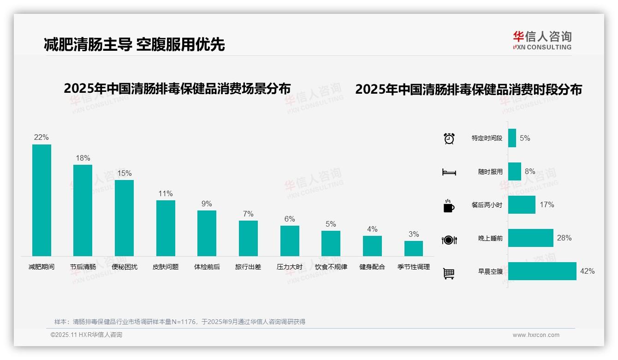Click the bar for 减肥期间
coord(42,200)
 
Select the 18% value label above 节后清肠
coord(83,158)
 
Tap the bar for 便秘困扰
coord(124,218)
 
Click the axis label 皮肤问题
coord(166,267)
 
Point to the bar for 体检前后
coord(207,233)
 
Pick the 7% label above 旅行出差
coord(248,214)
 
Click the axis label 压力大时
coord(290,267)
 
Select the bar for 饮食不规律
coord(331,243)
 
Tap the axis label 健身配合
coord(372,267)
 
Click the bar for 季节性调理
coord(414,248)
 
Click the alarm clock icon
coord(449,138)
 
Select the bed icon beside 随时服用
coord(449,172)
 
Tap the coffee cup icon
coord(449,206)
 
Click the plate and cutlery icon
coord(449,240)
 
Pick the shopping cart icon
coord(449,273)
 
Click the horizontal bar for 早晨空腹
coord(542,271)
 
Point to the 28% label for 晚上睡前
coord(564,238)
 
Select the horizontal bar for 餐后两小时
coord(522,204)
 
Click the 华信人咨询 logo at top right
coord(542,40)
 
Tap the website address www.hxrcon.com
coord(536,335)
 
